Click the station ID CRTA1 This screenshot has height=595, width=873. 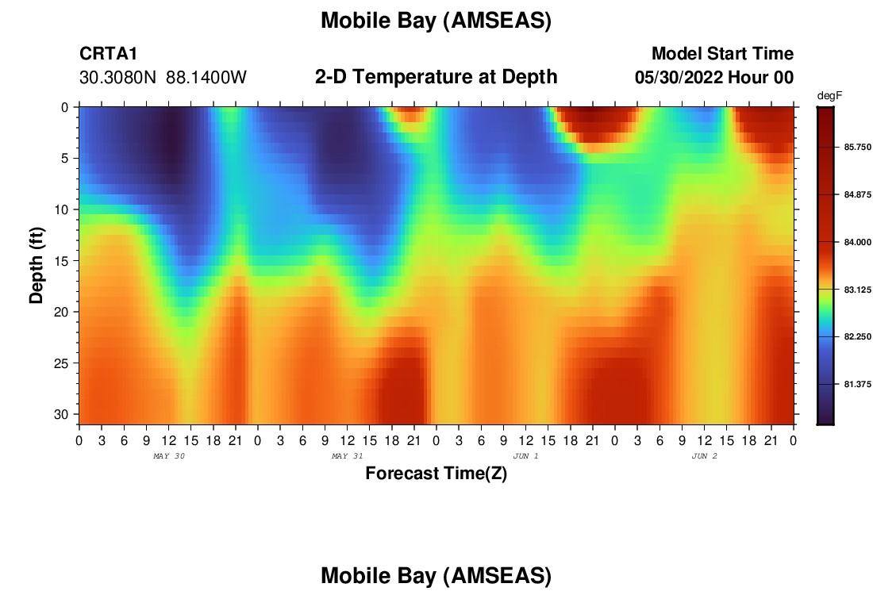click(x=108, y=53)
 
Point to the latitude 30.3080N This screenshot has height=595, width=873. click(x=117, y=78)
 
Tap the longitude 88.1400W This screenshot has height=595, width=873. click(x=206, y=78)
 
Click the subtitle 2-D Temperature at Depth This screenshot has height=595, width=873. click(x=436, y=77)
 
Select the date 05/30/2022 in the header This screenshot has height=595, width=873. click(x=679, y=78)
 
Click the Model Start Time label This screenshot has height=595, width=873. click(x=723, y=53)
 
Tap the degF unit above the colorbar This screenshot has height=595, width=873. click(x=829, y=96)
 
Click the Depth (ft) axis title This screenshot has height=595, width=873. click(x=37, y=265)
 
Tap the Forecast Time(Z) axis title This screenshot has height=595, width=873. click(x=436, y=474)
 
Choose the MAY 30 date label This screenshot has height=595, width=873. click(x=169, y=456)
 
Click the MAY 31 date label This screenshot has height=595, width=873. click(x=348, y=456)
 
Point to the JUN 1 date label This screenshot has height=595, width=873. click(x=525, y=456)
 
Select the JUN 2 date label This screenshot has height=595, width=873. click(x=704, y=456)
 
